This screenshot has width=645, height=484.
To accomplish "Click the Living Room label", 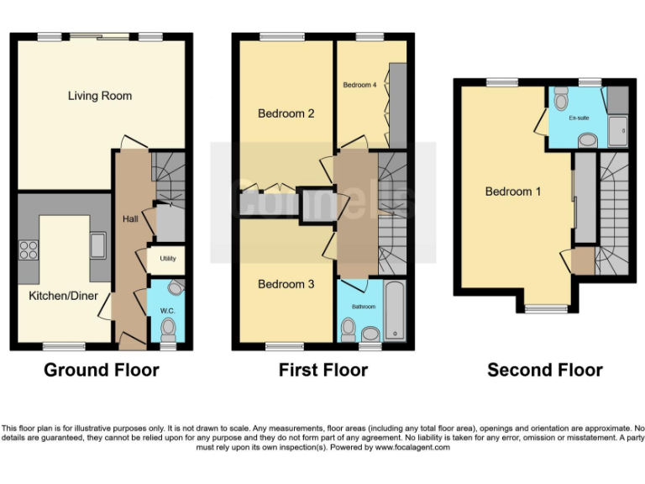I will pyautogui.click(x=100, y=96).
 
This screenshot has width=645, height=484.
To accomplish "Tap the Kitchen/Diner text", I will pyautogui.click(x=63, y=296).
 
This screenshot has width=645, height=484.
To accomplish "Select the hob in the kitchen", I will pyautogui.click(x=29, y=250).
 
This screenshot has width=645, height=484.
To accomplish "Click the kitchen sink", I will pyautogui.click(x=98, y=245).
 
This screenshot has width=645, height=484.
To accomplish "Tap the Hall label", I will pyautogui.click(x=130, y=218).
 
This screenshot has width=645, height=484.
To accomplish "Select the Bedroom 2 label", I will pyautogui.click(x=286, y=113).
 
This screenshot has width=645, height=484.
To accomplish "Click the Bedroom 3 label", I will pyautogui.click(x=286, y=284).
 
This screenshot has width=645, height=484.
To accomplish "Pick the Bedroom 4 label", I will pyautogui.click(x=359, y=85).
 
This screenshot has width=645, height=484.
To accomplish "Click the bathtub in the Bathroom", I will pyautogui.click(x=394, y=311).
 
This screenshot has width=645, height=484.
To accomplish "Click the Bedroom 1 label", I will pyautogui.click(x=513, y=192).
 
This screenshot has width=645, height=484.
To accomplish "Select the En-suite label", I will pyautogui.click(x=578, y=118).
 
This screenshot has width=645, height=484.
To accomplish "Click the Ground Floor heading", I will pyautogui.click(x=101, y=370).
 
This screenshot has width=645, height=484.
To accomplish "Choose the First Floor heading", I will pyautogui.click(x=323, y=370).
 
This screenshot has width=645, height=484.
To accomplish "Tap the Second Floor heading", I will pyautogui.click(x=545, y=370).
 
